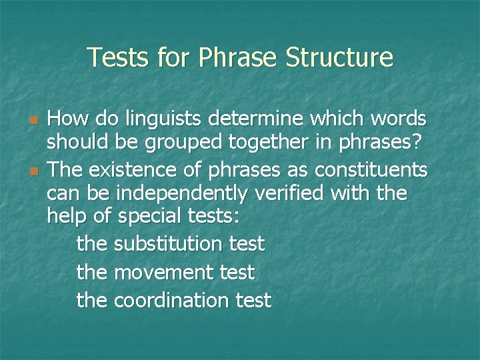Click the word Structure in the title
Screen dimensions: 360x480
(x=339, y=57)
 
